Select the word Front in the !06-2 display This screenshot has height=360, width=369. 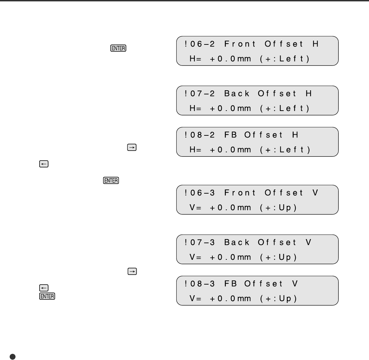pos(240,44)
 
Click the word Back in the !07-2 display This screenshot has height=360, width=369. pos(237,94)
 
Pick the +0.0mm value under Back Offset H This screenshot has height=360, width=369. pos(231,109)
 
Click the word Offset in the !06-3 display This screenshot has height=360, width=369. pos(284,193)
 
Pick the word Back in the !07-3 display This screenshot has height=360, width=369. pos(237,243)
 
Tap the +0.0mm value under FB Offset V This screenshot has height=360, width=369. pos(231,299)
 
